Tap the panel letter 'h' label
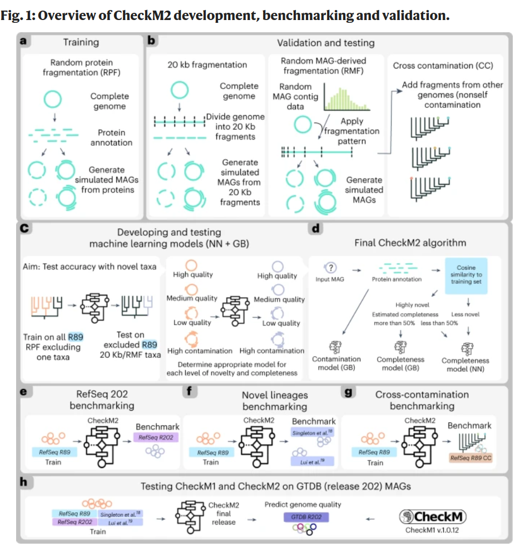click(24, 481)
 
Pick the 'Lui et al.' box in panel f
click(311, 460)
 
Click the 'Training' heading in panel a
click(81, 42)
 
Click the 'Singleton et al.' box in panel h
click(120, 514)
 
